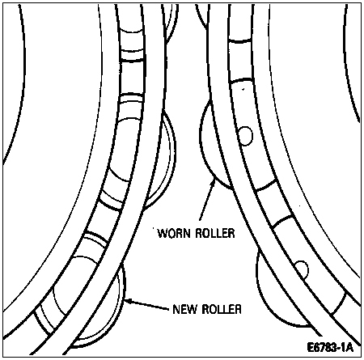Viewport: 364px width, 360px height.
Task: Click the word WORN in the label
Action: pos(174,233)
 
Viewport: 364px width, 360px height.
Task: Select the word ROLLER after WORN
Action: pos(215,233)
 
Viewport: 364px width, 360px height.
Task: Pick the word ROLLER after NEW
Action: pos(222,309)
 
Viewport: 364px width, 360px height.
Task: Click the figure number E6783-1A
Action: pos(330,347)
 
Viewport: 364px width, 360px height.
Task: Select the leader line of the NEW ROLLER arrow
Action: pos(148,304)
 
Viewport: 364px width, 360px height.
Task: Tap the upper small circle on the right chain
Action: pos(245,136)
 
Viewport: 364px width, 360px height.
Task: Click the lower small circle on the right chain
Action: pos(302,269)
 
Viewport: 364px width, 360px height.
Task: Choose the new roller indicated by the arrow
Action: pos(108,307)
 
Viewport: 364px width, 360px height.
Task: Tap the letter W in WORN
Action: pos(163,233)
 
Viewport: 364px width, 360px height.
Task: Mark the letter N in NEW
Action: pos(176,309)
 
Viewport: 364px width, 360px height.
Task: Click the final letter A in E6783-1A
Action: pos(349,347)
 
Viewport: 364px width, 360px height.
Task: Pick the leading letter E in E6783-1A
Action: pos(311,347)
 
